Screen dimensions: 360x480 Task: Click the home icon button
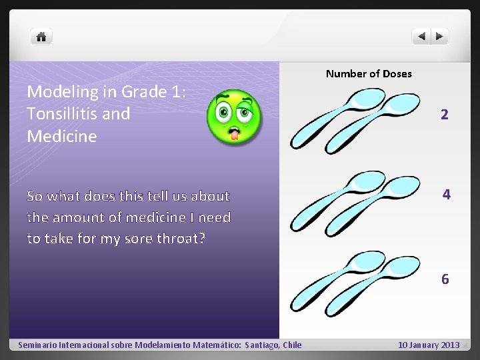coord(41,37)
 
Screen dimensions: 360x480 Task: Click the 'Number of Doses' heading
coord(369,73)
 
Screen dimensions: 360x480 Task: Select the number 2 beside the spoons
coord(444,115)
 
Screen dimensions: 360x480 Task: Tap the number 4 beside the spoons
coord(446,195)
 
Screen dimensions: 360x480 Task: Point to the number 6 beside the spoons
coord(445,279)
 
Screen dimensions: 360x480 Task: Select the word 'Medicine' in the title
coord(61,137)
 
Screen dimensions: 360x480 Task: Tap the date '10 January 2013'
coord(429,345)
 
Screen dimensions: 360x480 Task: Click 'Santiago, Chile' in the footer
coord(273,345)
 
